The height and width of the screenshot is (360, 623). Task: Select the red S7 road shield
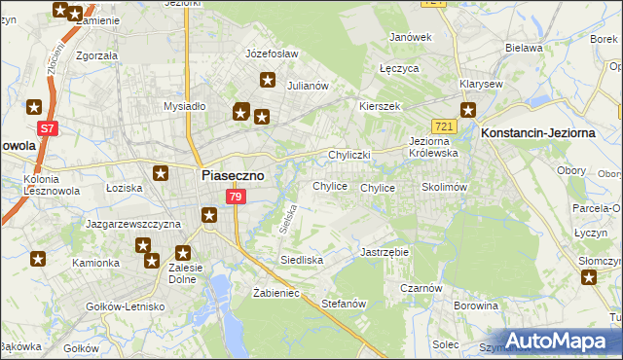point(47,127)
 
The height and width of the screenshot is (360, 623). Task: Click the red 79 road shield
point(235,198)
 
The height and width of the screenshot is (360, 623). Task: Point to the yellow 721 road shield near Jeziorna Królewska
point(445,127)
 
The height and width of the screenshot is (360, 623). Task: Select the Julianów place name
point(308,86)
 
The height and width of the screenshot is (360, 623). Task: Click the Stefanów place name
point(343,304)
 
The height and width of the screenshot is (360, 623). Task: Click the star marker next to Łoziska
point(161,173)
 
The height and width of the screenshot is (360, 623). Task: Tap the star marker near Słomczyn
point(589,278)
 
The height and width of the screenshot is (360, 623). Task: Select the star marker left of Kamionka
point(38,259)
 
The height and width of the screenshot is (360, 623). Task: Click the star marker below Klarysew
point(467,110)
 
